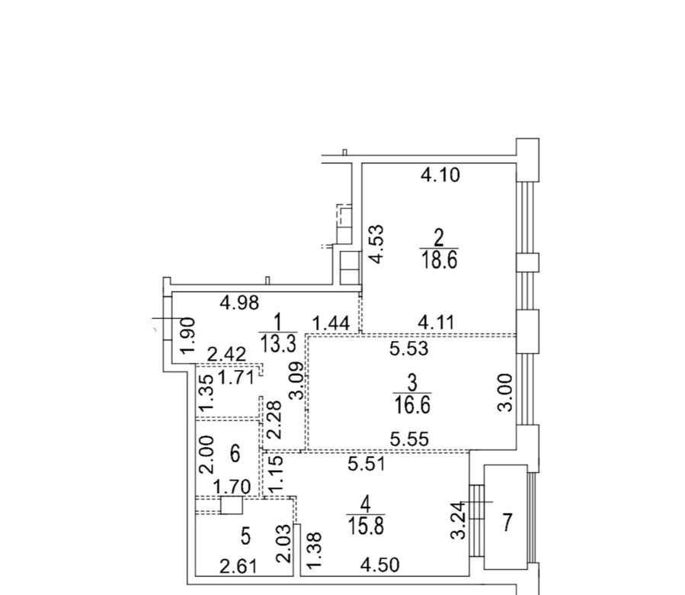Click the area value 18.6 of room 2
click(x=439, y=261)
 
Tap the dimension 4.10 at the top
click(x=440, y=175)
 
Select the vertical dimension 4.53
click(x=376, y=244)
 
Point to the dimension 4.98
click(x=239, y=302)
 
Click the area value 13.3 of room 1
click(x=278, y=343)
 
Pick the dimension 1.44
click(x=331, y=323)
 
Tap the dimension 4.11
click(x=436, y=323)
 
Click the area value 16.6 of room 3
click(x=412, y=404)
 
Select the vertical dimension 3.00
click(x=505, y=392)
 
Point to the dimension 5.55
click(x=409, y=439)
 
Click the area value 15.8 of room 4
click(x=366, y=526)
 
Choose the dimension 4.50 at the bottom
click(x=379, y=564)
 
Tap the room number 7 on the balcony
click(x=507, y=523)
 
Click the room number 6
click(x=235, y=454)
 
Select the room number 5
click(x=245, y=536)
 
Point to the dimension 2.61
click(x=238, y=567)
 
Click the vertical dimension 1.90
click(x=188, y=336)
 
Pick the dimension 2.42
click(x=226, y=354)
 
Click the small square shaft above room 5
click(x=232, y=505)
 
